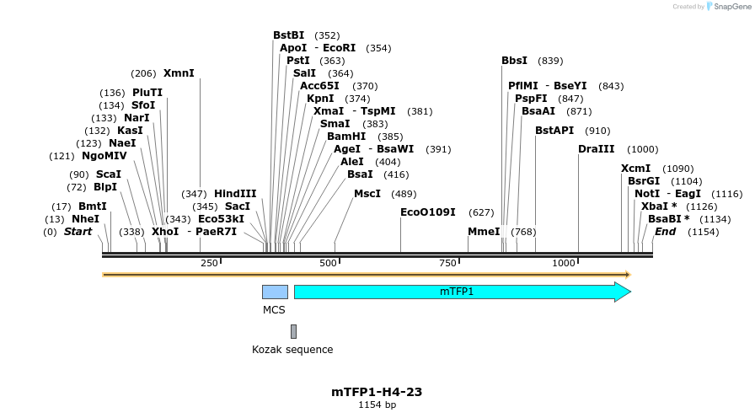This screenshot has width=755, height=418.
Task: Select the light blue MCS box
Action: coord(275,292)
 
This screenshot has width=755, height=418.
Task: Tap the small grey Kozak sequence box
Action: coord(293,331)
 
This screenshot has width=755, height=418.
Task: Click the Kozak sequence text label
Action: coord(292,350)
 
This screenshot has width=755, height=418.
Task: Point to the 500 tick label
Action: coord(327,264)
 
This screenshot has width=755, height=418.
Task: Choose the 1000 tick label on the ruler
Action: coord(563,264)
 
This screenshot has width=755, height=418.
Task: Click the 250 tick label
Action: coord(209,264)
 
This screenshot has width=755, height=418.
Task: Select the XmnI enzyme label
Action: coord(179,73)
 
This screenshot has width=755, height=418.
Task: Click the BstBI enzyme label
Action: coord(288,35)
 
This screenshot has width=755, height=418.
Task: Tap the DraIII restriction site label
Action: coord(597,149)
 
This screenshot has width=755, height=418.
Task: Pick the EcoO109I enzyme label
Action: coord(428,212)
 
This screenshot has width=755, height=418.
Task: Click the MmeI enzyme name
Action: coord(484,232)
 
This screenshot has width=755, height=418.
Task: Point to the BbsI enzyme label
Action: coord(514,61)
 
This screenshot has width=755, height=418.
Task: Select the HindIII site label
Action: coord(235,194)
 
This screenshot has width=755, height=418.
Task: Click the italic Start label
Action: coord(78,232)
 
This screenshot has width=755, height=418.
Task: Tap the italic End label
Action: coord(665,232)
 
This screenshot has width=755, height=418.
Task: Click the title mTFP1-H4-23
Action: coord(377,392)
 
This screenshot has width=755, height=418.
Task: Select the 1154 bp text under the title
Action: coord(377,405)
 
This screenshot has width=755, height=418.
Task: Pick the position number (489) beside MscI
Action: coord(404,194)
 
